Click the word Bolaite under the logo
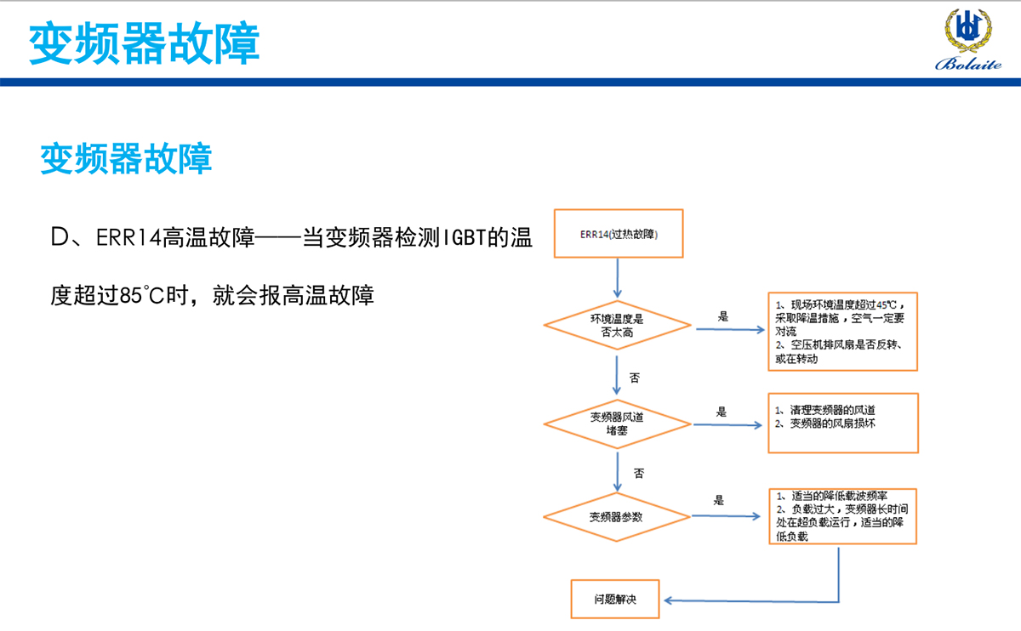pos(969,65)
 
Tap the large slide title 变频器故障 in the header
pos(144,43)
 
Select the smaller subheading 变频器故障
pos(126,158)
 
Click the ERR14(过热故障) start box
pos(619,233)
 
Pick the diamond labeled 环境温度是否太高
pos(617,326)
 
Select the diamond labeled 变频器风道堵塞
pos(617,423)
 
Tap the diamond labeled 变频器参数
pos(617,516)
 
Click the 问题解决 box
pos(615,599)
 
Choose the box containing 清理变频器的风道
pos(842,423)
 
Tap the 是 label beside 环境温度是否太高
pos(723,316)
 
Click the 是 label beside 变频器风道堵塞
pos(722,412)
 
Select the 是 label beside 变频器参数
pos(719,501)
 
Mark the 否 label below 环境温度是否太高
pos(634,377)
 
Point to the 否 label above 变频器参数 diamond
pos(638,471)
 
